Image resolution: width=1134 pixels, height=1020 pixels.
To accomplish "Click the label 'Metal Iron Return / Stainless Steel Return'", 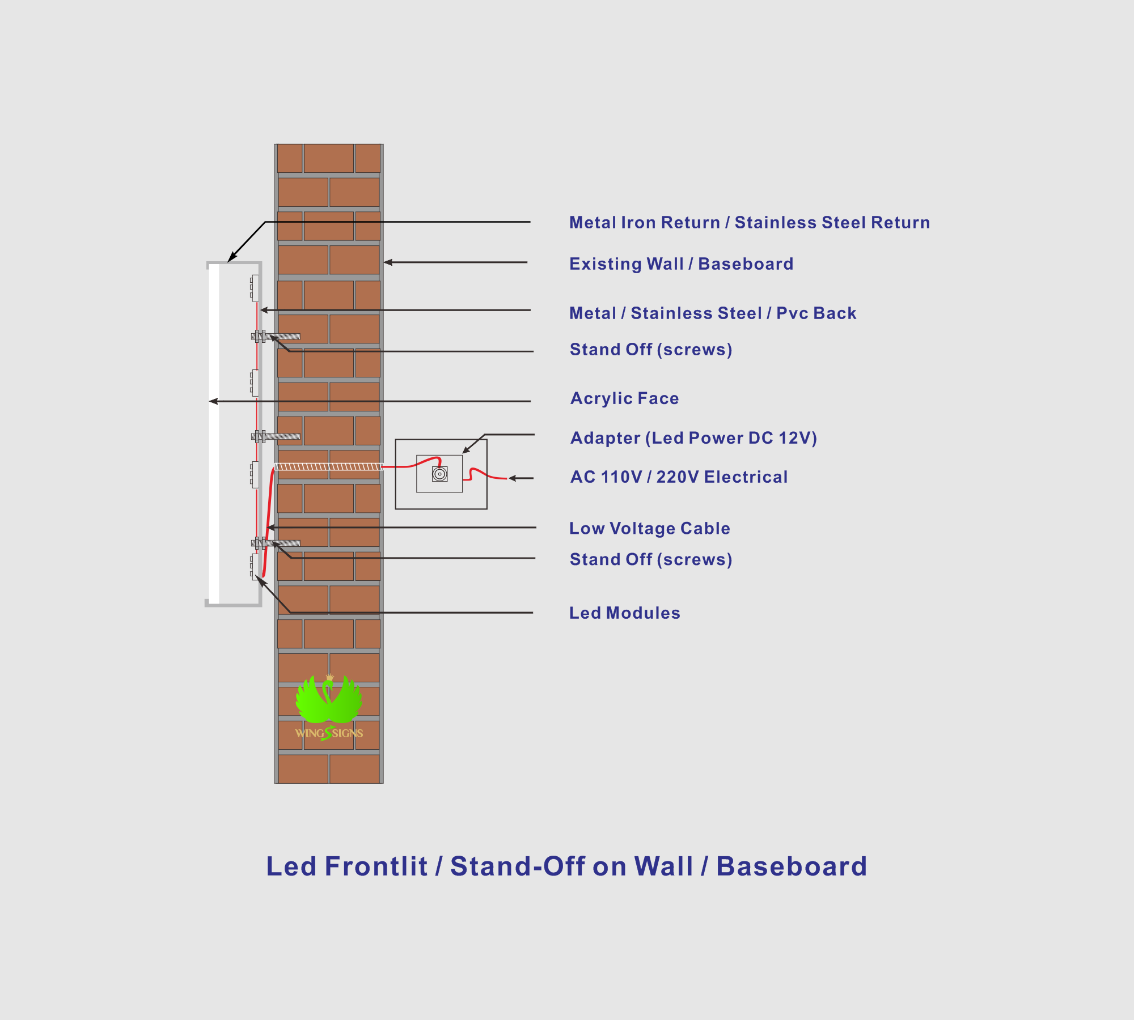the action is (750, 223).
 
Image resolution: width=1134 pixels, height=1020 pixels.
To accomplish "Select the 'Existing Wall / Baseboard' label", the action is (681, 264).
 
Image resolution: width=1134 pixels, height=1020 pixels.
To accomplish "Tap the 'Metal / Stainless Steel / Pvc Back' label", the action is (713, 313).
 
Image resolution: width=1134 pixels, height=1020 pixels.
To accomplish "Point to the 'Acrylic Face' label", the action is (624, 398).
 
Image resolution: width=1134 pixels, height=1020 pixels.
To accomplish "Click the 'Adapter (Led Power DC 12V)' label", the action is (693, 438).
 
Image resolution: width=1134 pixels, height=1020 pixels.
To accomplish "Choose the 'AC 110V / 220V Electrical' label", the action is (679, 477).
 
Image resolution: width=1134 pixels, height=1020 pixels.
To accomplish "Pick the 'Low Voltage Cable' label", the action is (649, 528).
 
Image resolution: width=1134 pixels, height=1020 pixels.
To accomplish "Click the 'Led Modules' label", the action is (624, 613).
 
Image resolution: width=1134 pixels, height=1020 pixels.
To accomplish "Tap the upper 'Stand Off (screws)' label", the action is (651, 350).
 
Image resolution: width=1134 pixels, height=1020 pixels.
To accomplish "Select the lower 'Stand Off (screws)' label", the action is (651, 559).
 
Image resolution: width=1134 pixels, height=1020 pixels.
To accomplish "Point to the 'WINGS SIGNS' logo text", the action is (329, 733).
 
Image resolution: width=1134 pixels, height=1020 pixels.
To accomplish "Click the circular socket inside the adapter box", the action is (439, 474).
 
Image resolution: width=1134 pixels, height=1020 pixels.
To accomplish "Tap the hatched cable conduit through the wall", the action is (329, 467).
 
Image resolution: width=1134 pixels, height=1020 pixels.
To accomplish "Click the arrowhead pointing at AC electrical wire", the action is (513, 478).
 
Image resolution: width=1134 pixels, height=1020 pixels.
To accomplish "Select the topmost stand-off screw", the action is (276, 337).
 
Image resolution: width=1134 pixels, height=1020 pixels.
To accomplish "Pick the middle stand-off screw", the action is (276, 436).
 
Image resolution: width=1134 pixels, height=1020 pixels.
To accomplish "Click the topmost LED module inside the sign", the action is (255, 288).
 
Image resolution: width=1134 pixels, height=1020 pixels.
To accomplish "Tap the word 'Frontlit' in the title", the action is (376, 866).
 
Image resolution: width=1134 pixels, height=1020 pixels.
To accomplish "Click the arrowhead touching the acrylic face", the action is (213, 401).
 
